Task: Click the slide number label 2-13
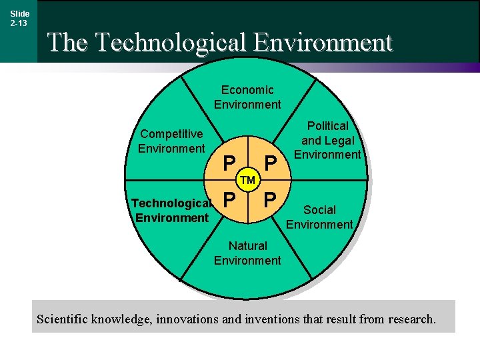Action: [x=19, y=23]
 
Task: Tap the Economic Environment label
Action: [x=247, y=97]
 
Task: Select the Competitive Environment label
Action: [x=171, y=141]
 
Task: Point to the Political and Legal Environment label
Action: [x=327, y=140]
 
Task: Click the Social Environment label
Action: [x=319, y=217]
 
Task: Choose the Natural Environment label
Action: [x=247, y=253]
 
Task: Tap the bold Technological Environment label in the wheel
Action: [x=172, y=211]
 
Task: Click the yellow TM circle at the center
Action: [x=248, y=181]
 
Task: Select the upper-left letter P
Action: [x=229, y=163]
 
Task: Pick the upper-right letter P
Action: [x=270, y=163]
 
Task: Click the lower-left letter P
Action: [x=229, y=199]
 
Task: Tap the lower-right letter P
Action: [x=270, y=199]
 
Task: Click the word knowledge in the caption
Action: [x=122, y=319]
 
